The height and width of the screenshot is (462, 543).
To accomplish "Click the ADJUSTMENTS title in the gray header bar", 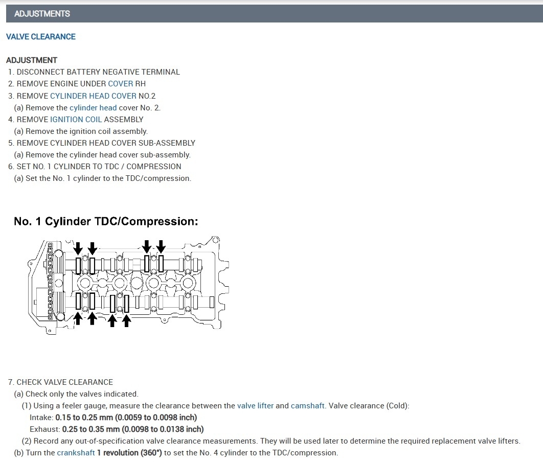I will [x=42, y=14].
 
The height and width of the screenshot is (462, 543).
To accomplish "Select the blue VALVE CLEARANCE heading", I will [x=41, y=37].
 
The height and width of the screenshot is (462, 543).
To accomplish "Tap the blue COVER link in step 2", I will [x=120, y=84].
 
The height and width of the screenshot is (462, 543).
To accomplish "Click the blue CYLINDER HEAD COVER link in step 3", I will [x=93, y=96].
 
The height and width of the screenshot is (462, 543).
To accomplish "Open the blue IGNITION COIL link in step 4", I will [x=76, y=119].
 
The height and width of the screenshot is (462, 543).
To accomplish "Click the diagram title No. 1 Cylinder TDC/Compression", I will [x=106, y=221].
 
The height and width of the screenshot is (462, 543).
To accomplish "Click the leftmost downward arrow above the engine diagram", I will [x=78, y=248].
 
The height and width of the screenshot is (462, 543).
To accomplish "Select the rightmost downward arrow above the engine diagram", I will [x=161, y=247].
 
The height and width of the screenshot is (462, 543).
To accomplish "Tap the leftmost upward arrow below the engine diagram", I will [x=78, y=318].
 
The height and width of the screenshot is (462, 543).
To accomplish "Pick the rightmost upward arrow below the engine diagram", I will [x=127, y=320].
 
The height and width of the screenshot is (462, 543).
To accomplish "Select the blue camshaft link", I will [x=307, y=406].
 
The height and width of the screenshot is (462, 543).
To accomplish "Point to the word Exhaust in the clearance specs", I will [x=44, y=429].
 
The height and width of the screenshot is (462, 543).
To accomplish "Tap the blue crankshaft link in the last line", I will [x=76, y=453].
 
